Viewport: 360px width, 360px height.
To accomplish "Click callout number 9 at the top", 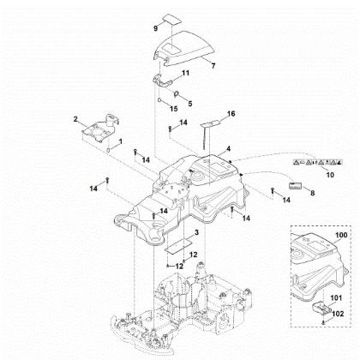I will [155, 28].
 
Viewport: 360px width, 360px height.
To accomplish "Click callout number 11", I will [185, 75].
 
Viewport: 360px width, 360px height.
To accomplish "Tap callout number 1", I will [120, 141].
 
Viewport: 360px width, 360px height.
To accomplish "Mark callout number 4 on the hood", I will [228, 149].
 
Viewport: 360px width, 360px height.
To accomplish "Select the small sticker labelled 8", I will [297, 184].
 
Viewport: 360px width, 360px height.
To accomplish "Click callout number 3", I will [197, 232].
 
